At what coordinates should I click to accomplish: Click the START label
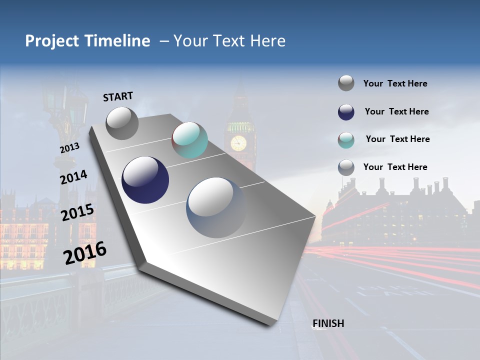tap(118, 96)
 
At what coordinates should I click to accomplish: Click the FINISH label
tap(328, 323)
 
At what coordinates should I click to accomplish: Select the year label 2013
tap(69, 148)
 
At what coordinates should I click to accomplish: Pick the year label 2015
tap(77, 212)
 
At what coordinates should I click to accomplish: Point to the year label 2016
tap(85, 253)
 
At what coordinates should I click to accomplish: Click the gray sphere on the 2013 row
tap(122, 123)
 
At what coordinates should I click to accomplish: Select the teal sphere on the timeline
tap(189, 140)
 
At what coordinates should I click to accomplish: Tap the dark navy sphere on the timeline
tap(145, 180)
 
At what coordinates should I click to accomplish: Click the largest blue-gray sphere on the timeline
tap(216, 207)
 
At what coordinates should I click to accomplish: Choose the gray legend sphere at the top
tap(346, 83)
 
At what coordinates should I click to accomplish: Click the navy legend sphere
tap(346, 112)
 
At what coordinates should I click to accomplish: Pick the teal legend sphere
tap(346, 140)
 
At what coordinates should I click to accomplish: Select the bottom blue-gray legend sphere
tap(346, 167)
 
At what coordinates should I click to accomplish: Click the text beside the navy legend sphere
tap(396, 111)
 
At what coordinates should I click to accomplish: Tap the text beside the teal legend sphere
tap(397, 139)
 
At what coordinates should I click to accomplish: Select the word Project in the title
tap(52, 41)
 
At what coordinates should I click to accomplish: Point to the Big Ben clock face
tap(238, 143)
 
